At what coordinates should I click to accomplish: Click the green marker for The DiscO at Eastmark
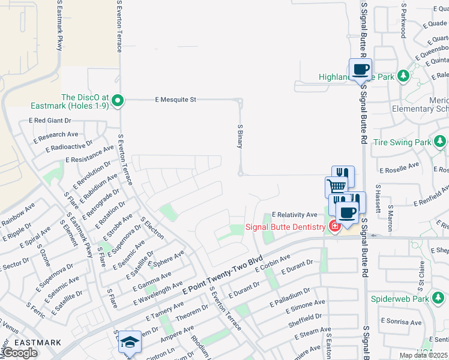(118, 100)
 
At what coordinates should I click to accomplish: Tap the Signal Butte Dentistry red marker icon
(334, 226)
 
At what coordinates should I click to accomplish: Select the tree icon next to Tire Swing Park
(441, 142)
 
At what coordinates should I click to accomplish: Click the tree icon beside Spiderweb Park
(439, 298)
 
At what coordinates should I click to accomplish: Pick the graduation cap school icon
(130, 341)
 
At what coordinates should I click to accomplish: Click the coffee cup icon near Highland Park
(360, 69)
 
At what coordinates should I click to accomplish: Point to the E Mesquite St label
(176, 100)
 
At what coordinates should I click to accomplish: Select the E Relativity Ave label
(294, 214)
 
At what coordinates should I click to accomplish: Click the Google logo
(20, 353)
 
